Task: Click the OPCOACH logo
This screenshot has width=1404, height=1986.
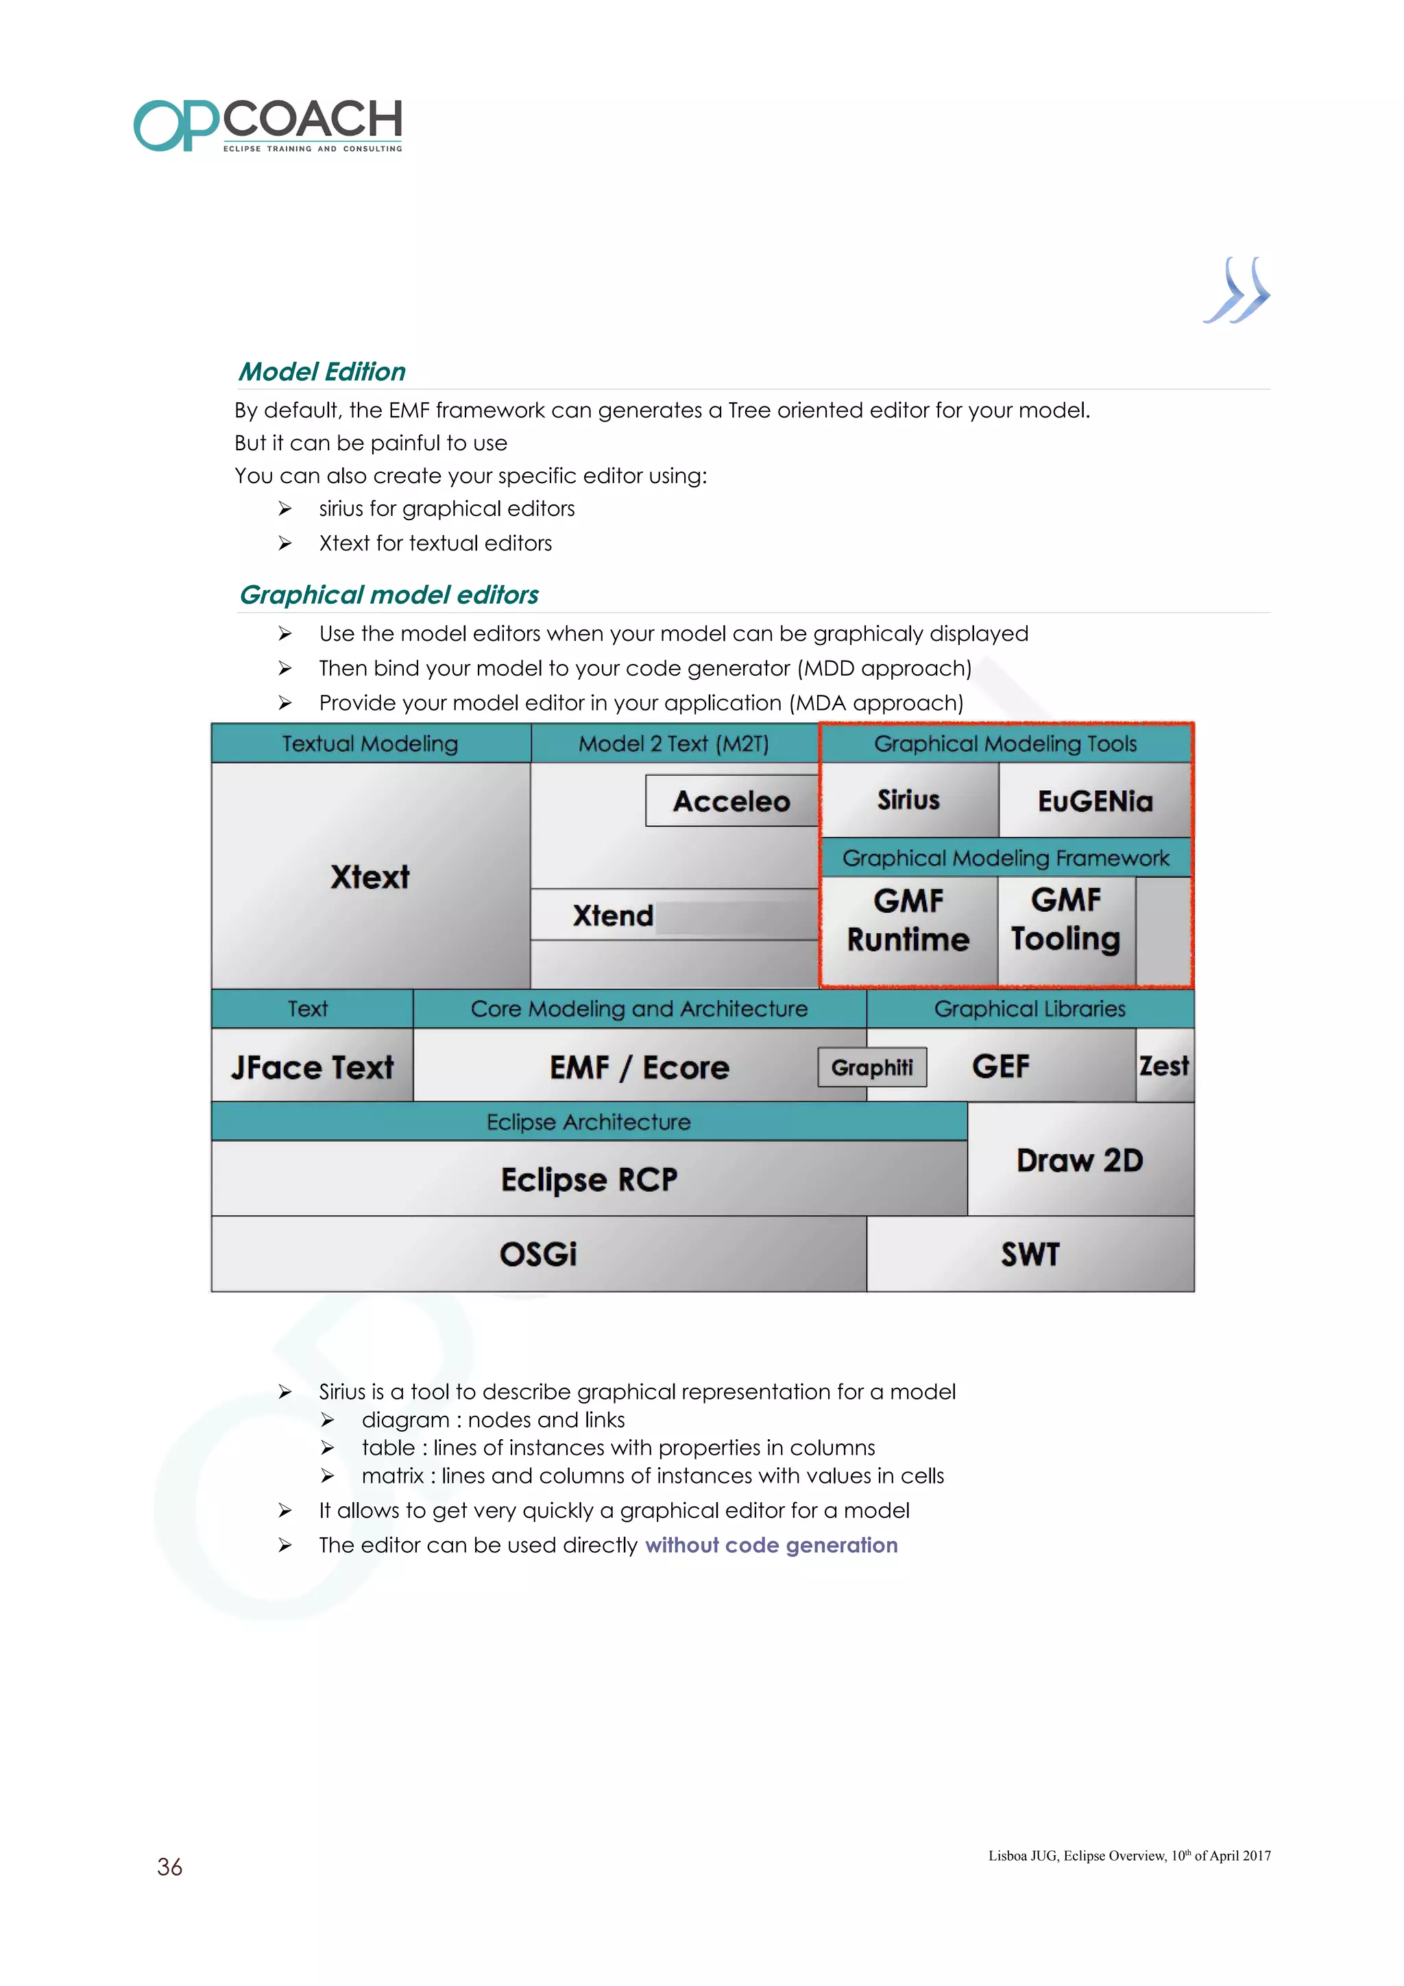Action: pyautogui.click(x=267, y=125)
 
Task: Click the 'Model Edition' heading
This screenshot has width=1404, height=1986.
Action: pyautogui.click(x=322, y=372)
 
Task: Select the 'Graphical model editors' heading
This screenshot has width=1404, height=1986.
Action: pyautogui.click(x=389, y=595)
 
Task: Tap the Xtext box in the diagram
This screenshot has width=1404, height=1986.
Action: pyautogui.click(x=370, y=876)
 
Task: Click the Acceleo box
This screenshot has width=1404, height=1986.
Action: pyautogui.click(x=732, y=801)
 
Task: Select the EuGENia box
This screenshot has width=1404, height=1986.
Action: pyautogui.click(x=1096, y=801)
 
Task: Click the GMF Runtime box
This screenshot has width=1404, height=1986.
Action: pyautogui.click(x=908, y=920)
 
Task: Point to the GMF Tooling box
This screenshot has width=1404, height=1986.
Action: pyautogui.click(x=1066, y=920)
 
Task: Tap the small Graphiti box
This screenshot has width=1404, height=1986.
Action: pyautogui.click(x=872, y=1068)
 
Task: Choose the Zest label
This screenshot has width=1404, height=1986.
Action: pyautogui.click(x=1164, y=1066)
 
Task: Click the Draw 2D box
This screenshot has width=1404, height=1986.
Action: pyautogui.click(x=1080, y=1160)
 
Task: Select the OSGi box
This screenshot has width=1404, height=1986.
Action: pyautogui.click(x=538, y=1254)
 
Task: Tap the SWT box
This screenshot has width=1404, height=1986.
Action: pyautogui.click(x=1030, y=1254)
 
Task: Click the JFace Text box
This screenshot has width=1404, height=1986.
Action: pyautogui.click(x=313, y=1068)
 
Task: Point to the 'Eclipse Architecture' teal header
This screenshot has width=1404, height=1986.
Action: pyautogui.click(x=588, y=1122)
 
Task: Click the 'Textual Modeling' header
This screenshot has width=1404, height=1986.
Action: pyautogui.click(x=370, y=744)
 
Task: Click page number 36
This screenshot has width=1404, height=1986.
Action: pyautogui.click(x=169, y=1867)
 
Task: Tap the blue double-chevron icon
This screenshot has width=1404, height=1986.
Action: pyautogui.click(x=1236, y=291)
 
